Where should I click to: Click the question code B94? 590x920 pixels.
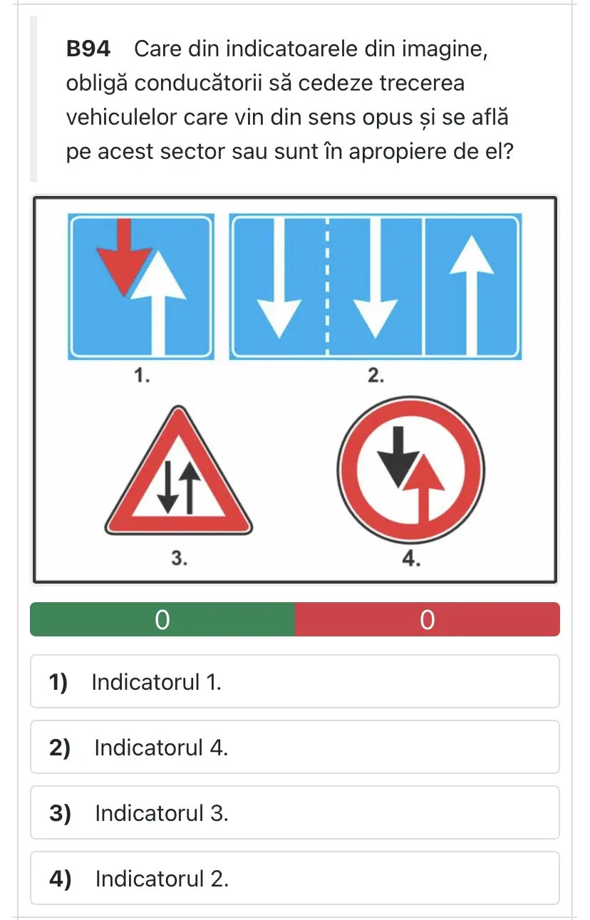(88, 49)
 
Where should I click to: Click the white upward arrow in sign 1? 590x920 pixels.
(158, 303)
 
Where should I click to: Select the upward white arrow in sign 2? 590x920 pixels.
(471, 295)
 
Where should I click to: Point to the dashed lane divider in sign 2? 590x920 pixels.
(327, 286)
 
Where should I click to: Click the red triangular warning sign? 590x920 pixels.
(179, 470)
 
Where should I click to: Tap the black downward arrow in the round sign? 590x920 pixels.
(398, 457)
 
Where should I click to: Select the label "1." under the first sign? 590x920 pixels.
(142, 376)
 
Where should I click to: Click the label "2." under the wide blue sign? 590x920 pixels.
(376, 376)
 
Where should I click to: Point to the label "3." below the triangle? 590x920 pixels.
(179, 558)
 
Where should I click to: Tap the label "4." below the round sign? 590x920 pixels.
(411, 559)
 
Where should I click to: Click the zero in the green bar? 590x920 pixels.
(162, 620)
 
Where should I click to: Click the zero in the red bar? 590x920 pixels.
(427, 620)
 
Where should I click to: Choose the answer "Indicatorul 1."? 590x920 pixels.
(295, 681)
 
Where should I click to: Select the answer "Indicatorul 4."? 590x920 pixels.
(295, 747)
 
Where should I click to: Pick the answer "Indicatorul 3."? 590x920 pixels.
(295, 813)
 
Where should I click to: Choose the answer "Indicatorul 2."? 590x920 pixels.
(295, 878)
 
